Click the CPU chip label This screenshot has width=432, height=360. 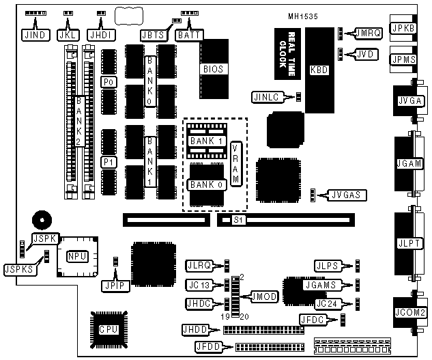point(106,329)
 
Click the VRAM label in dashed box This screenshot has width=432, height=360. point(235,163)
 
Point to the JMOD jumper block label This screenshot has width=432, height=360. point(263,296)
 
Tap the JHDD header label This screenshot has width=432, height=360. point(195,330)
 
